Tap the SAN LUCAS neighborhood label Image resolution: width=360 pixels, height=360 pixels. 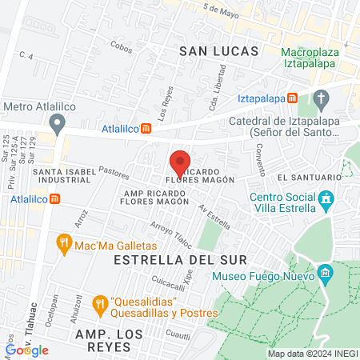[218, 50]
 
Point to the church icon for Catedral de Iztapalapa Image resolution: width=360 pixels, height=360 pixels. [322, 101]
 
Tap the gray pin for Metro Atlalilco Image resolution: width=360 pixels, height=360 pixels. [57, 124]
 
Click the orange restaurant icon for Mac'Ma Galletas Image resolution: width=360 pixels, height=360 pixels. [63, 243]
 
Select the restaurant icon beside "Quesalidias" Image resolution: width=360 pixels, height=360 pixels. [99, 303]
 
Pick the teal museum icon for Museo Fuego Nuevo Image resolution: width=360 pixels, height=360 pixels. [325, 276]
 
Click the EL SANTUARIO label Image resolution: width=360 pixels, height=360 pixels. [303, 176]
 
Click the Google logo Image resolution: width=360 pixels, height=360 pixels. [26, 350]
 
